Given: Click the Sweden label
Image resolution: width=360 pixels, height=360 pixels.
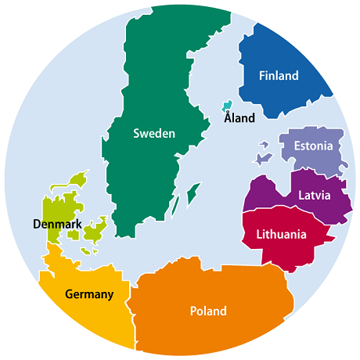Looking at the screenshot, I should click(x=153, y=133).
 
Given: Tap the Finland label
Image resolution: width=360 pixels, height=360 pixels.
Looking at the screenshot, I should click(x=279, y=76).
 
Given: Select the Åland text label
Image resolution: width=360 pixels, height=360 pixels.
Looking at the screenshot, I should click(x=239, y=119).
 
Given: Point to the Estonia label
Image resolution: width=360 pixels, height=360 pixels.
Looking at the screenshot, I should click(x=313, y=146).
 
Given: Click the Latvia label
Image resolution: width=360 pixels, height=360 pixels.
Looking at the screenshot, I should click(x=314, y=195).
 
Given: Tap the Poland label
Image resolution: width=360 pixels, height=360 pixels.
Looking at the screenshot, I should click(x=208, y=311).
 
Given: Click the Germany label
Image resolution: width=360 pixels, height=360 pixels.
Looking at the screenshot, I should click(x=89, y=294).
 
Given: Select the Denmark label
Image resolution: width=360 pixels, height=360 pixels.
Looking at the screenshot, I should click(x=57, y=225).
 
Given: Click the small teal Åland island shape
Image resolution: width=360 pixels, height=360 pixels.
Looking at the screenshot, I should click(x=227, y=106).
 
